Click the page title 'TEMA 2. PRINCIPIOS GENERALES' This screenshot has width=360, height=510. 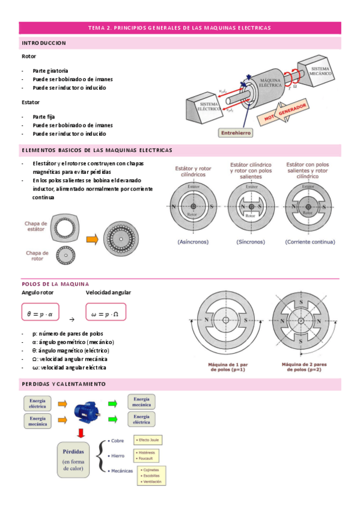click(180, 28)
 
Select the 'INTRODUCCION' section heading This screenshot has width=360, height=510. click(44, 43)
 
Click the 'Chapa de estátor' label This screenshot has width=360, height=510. click(35, 226)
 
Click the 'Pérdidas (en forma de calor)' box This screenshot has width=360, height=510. click(77, 460)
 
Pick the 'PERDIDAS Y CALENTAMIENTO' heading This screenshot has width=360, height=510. click(64, 384)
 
